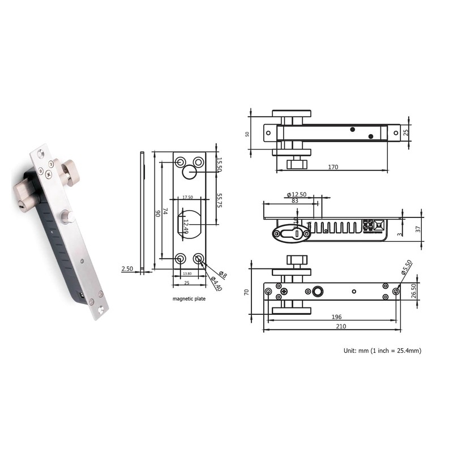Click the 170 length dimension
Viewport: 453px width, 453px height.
[334, 167]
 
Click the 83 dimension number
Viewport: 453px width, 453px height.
[294, 200]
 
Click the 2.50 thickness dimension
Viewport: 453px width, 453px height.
[127, 269]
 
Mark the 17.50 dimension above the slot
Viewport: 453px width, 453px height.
[188, 198]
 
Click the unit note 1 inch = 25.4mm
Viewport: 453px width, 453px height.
[396, 351]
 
